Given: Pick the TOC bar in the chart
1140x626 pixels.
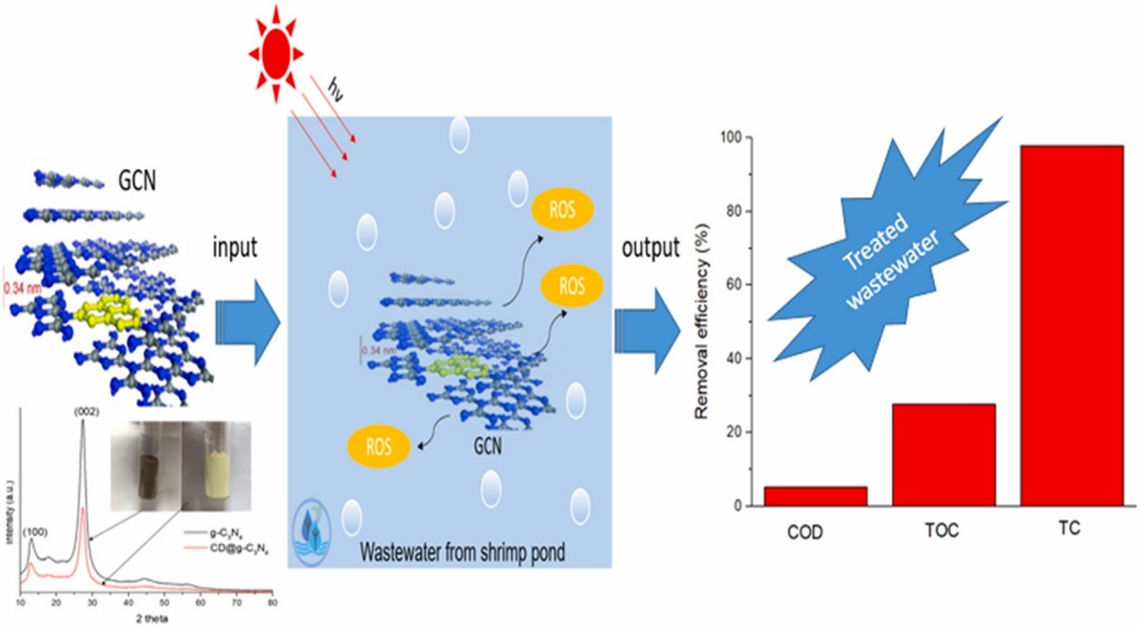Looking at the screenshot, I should pos(944,455).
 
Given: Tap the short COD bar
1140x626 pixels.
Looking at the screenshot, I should pos(815,496).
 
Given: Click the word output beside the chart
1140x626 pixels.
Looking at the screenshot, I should pos(650,249).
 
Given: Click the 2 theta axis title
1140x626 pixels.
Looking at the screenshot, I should pos(147,618).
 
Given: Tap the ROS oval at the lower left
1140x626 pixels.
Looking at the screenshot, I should pos(380,445).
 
